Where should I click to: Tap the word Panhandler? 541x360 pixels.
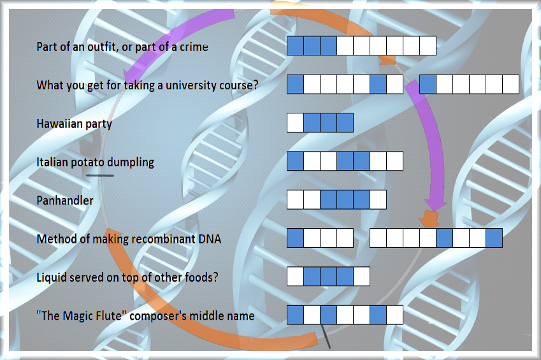click(65, 201)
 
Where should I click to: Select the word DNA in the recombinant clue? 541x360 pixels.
click(210, 239)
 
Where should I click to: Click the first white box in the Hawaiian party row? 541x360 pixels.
click(295, 122)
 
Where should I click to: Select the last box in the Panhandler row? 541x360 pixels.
click(378, 199)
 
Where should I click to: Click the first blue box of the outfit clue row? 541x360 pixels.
click(295, 46)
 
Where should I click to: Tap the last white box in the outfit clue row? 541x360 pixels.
click(428, 46)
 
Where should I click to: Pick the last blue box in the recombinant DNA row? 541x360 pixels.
click(494, 238)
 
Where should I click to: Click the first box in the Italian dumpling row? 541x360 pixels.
click(295, 161)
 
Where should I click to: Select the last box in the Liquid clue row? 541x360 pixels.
click(361, 276)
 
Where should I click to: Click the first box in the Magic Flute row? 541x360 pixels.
click(295, 315)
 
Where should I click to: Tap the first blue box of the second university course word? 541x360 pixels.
click(428, 84)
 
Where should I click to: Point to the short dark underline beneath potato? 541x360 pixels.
click(99, 176)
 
